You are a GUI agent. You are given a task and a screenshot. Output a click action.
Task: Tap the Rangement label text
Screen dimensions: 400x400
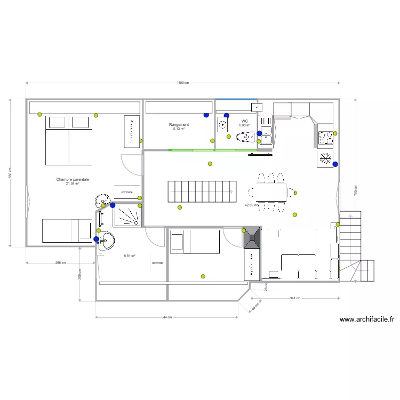coord(179,125)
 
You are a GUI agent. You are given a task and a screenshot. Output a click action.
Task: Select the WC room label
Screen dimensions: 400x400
coord(244,121)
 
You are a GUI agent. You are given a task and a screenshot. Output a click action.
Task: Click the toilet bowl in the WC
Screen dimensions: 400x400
coord(245,138)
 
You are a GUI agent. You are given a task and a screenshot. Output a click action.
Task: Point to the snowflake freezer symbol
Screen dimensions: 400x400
coord(325,158)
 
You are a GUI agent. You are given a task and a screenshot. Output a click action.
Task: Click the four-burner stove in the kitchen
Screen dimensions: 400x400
coord(325,138)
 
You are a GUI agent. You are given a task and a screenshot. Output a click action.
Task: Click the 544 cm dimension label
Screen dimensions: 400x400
coord(166,317)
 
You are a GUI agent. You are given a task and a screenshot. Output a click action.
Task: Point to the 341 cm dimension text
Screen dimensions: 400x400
coord(294,298)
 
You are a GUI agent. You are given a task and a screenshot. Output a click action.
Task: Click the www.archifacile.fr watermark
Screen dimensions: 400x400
coord(366,320)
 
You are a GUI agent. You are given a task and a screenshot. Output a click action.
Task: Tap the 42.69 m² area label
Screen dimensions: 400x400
coord(251,205)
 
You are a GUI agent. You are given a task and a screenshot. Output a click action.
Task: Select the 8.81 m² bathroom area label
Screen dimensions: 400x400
coord(129,256)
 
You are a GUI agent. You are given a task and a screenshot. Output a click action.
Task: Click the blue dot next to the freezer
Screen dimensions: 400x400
coord(335,164)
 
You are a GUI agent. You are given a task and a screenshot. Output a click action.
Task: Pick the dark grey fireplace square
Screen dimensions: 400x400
coord(252,238)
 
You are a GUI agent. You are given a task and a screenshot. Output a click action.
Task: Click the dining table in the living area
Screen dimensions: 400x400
coord(267,192)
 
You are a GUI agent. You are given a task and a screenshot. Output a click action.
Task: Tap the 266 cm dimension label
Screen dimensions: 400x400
coord(60,262)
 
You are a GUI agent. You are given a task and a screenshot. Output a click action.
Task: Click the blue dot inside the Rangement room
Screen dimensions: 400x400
coord(206,115)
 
